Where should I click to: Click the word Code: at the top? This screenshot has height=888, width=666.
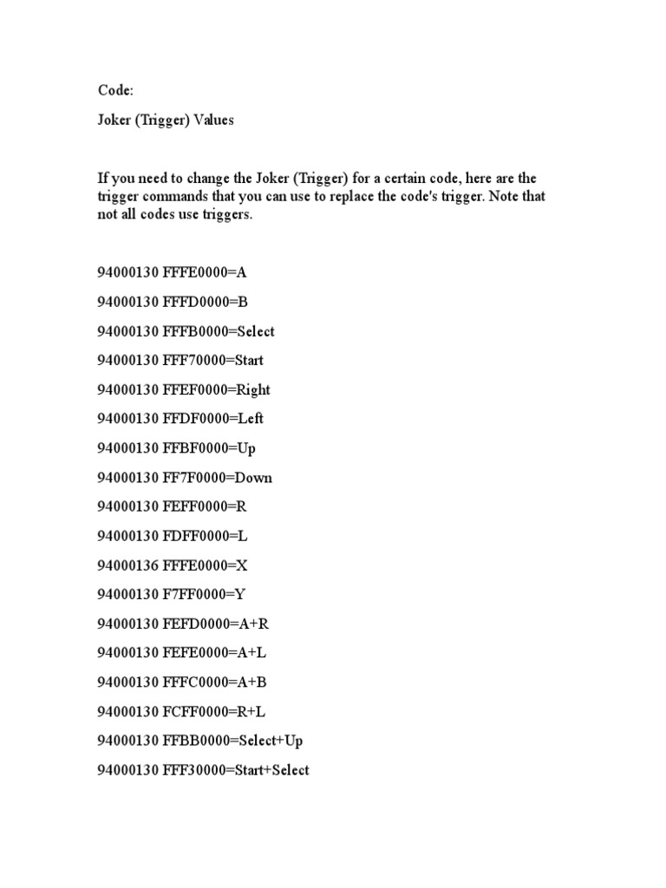[113, 91]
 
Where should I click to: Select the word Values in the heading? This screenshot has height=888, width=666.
[213, 121]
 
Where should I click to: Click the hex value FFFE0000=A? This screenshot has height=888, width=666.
[205, 272]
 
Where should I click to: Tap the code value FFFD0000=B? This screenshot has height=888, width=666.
[205, 302]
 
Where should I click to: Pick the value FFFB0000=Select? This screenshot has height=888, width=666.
[218, 331]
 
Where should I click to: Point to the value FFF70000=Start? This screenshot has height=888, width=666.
[212, 360]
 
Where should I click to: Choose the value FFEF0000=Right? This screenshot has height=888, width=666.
[216, 389]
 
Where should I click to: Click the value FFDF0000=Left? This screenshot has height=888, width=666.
[212, 419]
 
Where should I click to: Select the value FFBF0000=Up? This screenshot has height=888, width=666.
[209, 448]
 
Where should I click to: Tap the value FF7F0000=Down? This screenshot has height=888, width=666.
[217, 478]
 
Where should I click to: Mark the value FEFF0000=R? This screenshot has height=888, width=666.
[205, 506]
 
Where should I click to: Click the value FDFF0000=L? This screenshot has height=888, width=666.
[205, 536]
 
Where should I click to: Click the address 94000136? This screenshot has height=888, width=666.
[127, 565]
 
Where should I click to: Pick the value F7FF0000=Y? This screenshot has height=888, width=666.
[205, 595]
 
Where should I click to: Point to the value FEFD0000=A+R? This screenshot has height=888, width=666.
[214, 624]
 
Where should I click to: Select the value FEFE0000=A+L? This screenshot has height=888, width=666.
[213, 653]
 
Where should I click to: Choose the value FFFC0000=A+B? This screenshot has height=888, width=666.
[213, 682]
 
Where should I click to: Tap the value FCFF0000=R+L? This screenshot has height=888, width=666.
[213, 712]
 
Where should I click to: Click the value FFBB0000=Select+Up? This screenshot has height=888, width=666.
[232, 741]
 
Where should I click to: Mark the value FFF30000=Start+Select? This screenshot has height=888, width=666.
[235, 770]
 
